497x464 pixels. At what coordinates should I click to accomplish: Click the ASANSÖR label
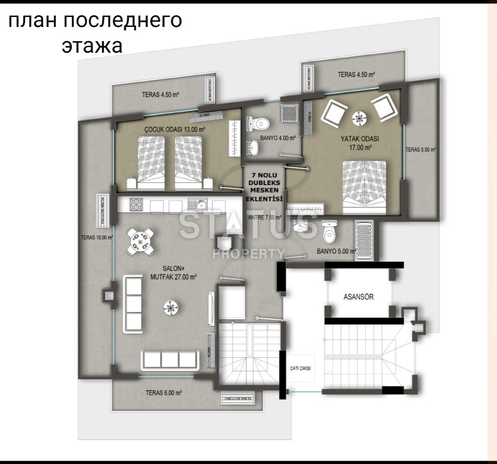point(358,297)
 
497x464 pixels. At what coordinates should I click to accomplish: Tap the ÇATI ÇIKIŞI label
point(301,368)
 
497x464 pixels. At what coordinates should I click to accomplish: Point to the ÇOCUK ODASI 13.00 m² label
point(175,129)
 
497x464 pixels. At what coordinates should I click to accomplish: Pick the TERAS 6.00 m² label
point(164,392)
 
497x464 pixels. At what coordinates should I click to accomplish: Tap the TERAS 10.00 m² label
point(97,238)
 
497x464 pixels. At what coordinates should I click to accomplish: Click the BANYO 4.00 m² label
point(278,138)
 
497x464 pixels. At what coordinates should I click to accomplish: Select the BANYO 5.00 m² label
point(336,251)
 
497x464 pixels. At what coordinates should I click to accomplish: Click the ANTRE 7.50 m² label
point(264,218)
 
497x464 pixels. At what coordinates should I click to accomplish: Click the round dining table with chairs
point(141,241)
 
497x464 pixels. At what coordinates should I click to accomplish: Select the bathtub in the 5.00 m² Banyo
point(364,241)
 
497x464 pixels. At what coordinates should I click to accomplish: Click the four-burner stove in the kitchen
point(136,205)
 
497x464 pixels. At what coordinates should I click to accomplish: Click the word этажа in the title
point(92,46)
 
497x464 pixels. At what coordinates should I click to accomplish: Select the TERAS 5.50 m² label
point(420,149)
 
